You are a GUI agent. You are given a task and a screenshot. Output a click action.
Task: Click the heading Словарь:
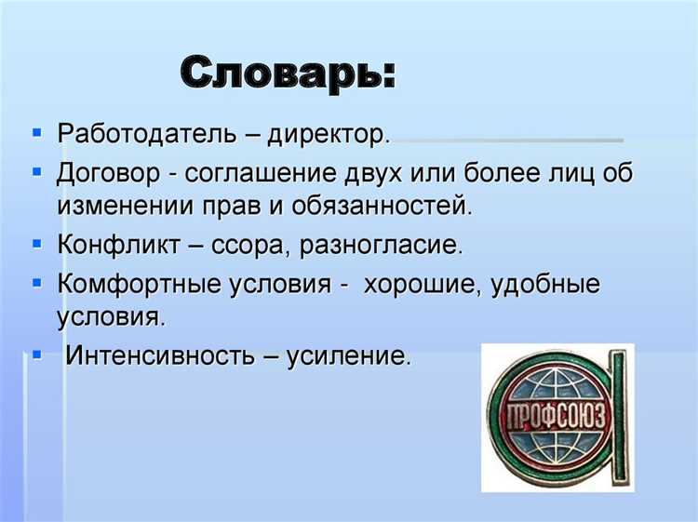(x=288, y=72)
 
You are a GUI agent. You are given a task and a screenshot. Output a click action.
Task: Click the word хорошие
(x=417, y=285)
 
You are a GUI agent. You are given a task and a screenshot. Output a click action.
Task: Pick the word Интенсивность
(x=160, y=356)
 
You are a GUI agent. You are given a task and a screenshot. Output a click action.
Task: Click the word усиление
(x=348, y=356)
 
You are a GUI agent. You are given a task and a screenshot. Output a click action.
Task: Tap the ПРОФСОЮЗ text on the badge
(x=557, y=414)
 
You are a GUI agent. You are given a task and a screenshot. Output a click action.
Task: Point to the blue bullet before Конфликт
(x=36, y=245)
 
